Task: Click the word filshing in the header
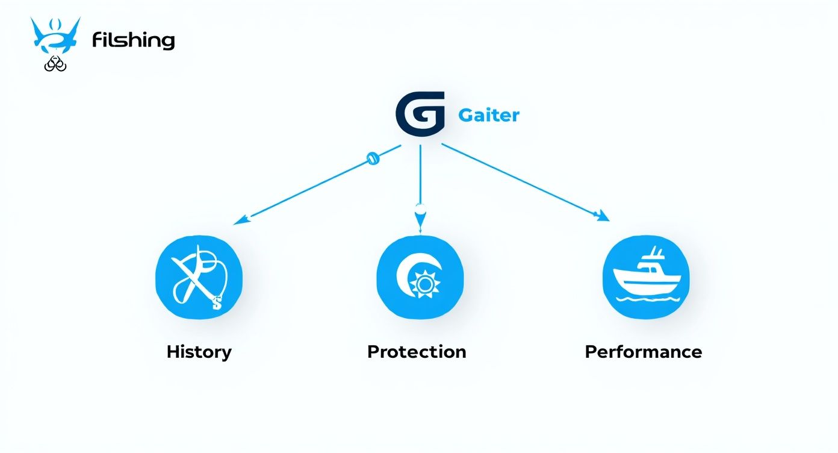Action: pos(133,41)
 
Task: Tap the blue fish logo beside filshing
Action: pos(55,36)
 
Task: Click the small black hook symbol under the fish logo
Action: pos(55,63)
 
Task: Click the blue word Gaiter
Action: pos(488,114)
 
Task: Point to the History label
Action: pos(199,352)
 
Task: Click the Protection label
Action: pos(417,352)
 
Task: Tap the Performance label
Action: pos(643,352)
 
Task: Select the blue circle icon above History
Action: pos(199,277)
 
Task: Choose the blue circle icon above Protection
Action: pos(420,277)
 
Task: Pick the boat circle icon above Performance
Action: pos(645,277)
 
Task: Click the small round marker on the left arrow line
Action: pos(373,159)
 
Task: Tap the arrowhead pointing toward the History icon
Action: pos(240,220)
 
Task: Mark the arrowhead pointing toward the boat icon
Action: pos(602,216)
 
